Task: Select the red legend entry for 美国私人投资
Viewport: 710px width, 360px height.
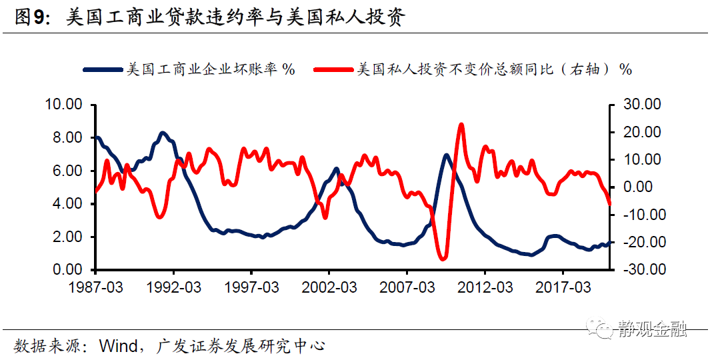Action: click(x=473, y=69)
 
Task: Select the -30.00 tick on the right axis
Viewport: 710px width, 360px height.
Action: click(x=640, y=270)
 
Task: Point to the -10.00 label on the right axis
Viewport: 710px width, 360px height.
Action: click(x=640, y=215)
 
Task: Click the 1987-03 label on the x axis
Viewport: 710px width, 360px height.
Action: click(x=95, y=287)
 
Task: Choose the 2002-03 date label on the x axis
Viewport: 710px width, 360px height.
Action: click(x=329, y=287)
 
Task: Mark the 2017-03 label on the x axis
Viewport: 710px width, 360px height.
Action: click(x=563, y=287)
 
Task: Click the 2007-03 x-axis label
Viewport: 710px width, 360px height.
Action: click(x=407, y=287)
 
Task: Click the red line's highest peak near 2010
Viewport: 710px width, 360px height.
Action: click(x=461, y=125)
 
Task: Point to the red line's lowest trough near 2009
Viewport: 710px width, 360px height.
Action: click(x=442, y=258)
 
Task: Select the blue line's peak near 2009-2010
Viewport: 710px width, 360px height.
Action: click(x=446, y=155)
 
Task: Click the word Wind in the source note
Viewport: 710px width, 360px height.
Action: click(x=117, y=346)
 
